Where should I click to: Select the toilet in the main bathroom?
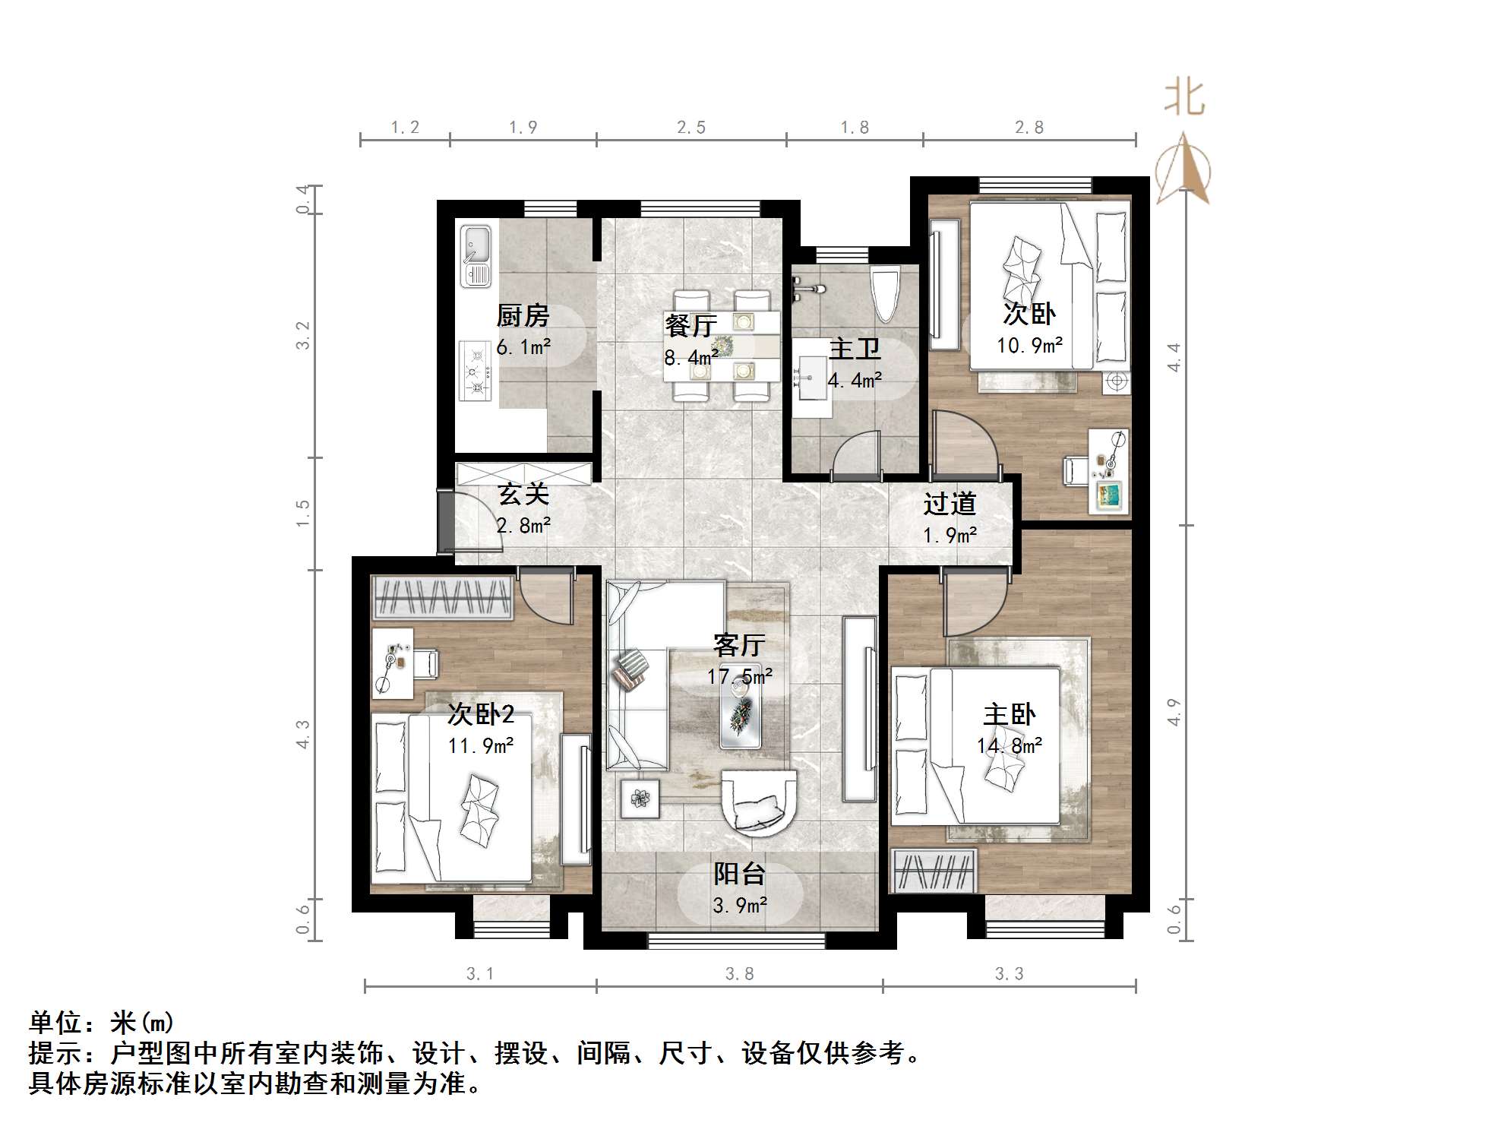[885, 295]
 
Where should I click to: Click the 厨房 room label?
[523, 315]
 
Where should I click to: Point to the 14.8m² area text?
[1009, 746]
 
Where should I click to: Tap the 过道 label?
[950, 504]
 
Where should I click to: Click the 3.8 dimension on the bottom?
[739, 974]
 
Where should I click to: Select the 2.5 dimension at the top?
[691, 128]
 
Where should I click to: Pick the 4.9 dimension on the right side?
[1174, 713]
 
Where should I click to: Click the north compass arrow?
[1183, 169]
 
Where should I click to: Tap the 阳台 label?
[739, 874]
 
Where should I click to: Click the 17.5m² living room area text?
[739, 675]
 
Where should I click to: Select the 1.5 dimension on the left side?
[303, 514]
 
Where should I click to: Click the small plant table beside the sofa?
[640, 799]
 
